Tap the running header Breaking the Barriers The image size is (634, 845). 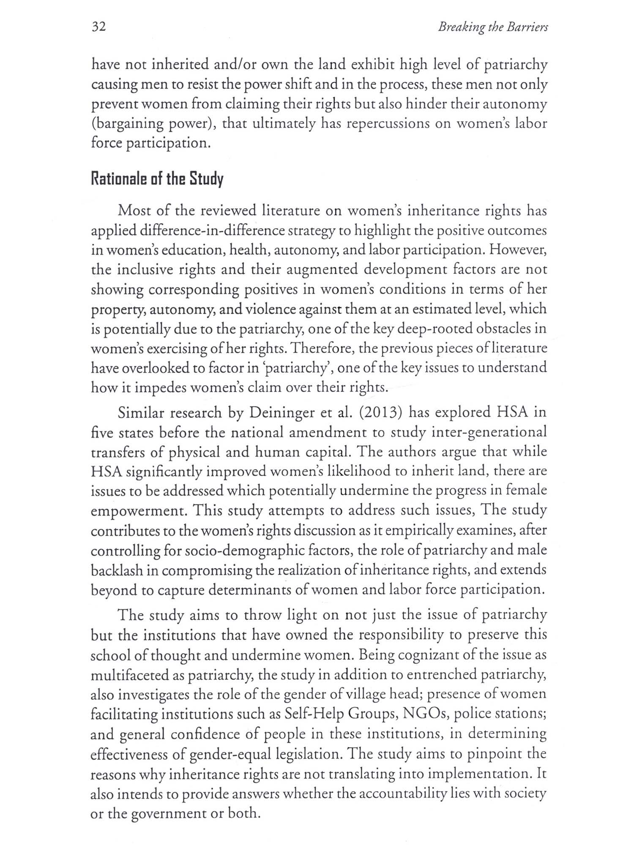point(493,27)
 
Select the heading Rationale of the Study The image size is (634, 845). point(157,179)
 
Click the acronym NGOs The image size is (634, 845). point(425,714)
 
